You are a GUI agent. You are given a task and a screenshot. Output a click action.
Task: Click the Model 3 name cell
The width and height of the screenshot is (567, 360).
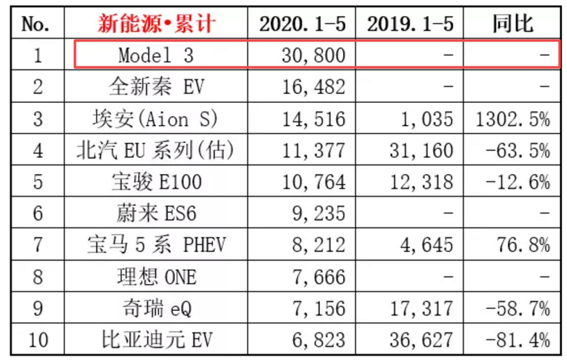coord(156,55)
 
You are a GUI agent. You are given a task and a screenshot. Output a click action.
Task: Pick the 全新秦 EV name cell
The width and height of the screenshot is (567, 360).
coord(156,86)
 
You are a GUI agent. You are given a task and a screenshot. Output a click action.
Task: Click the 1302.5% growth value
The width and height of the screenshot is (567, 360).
coord(512,118)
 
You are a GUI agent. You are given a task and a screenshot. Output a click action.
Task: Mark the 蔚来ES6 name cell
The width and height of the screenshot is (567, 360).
coord(156,214)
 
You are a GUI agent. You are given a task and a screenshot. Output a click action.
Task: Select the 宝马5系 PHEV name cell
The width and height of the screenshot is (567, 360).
coord(156,245)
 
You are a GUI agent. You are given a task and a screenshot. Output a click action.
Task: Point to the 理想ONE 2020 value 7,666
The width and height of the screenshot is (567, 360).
coord(318,276)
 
